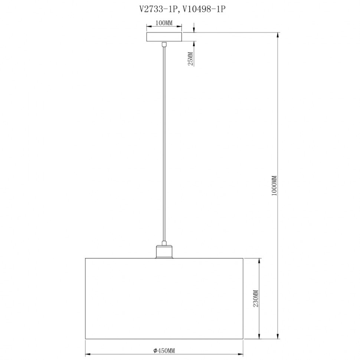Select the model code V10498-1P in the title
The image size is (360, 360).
click(x=204, y=9)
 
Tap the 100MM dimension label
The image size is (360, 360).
click(x=164, y=23)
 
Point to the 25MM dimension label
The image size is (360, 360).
click(x=190, y=59)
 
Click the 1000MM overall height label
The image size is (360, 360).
click(x=274, y=186)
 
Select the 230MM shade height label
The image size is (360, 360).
click(x=256, y=298)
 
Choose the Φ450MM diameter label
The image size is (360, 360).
click(x=164, y=351)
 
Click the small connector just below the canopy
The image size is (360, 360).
click(x=164, y=44)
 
